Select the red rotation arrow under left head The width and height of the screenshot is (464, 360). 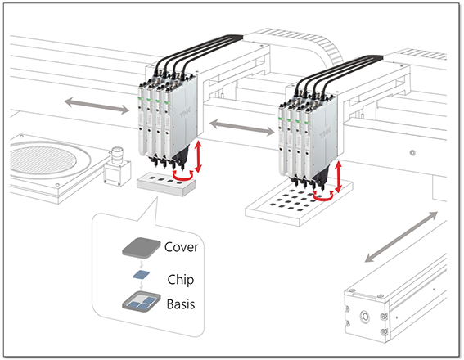point(189,174)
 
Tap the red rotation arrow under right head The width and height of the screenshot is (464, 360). point(327,196)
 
